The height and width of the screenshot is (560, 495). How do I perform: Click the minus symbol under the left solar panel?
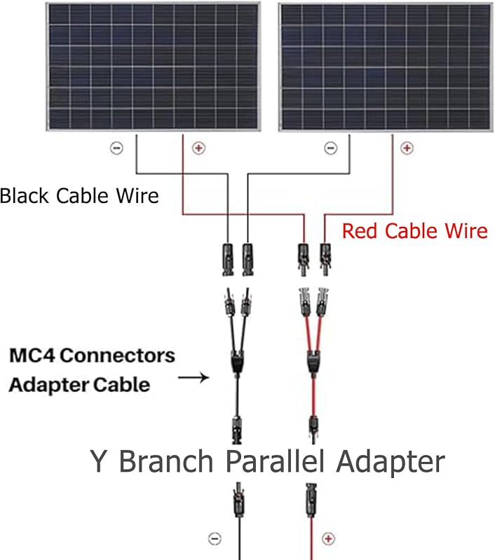(x=116, y=148)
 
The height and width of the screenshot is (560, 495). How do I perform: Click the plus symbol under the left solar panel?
(x=199, y=148)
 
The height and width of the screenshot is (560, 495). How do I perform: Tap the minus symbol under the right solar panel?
(x=330, y=148)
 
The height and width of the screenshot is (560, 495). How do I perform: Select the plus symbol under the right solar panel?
(x=407, y=148)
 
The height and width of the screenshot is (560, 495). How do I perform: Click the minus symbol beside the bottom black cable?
(x=215, y=538)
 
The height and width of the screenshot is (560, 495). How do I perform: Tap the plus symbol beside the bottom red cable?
(x=328, y=538)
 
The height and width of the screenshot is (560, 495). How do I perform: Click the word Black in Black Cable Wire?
(x=25, y=196)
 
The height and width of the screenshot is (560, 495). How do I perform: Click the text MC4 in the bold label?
(x=32, y=356)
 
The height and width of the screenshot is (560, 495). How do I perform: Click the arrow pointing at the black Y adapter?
(x=194, y=377)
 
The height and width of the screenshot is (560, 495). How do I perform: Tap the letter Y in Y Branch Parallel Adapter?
(x=98, y=461)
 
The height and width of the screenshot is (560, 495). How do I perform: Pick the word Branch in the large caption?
(x=166, y=461)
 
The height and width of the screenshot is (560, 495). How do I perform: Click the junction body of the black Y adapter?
(x=237, y=362)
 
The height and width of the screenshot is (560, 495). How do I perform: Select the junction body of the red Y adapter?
(x=313, y=362)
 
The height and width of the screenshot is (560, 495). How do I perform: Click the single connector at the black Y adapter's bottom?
(x=237, y=430)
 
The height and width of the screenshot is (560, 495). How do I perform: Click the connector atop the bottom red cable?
(x=311, y=500)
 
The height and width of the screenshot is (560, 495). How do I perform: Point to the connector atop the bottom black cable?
(x=238, y=499)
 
